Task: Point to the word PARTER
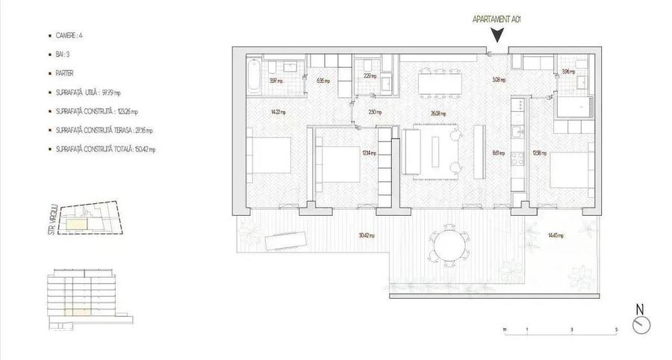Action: click(x=66, y=73)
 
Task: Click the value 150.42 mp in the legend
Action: click(x=142, y=149)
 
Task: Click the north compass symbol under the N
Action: click(x=641, y=325)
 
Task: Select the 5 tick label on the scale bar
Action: click(x=616, y=329)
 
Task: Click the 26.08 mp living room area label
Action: click(x=438, y=114)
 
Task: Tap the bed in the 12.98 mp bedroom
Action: click(x=569, y=169)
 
